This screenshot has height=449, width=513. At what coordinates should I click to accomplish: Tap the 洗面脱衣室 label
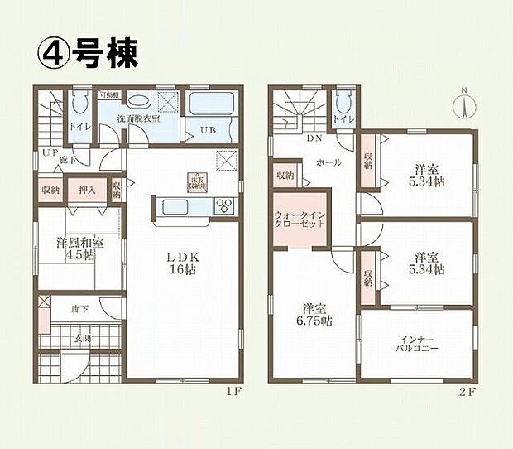[x=138, y=119]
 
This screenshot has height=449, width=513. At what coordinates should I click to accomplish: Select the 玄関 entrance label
[x=81, y=339]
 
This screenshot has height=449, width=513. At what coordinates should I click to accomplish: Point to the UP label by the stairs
[x=51, y=153]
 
